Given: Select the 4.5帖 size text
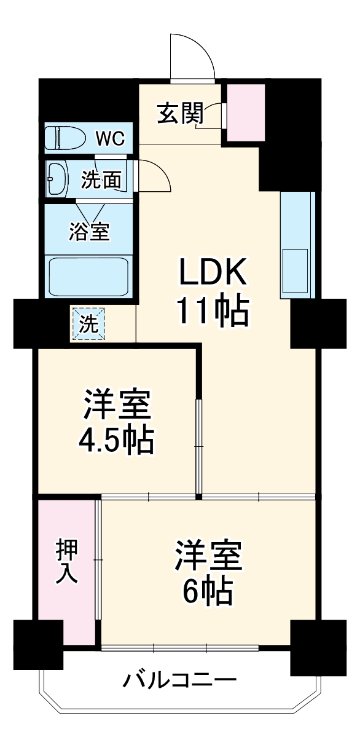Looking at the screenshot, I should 115,440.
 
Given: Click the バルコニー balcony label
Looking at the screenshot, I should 181,681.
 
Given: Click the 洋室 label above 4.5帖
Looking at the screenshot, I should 115,405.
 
